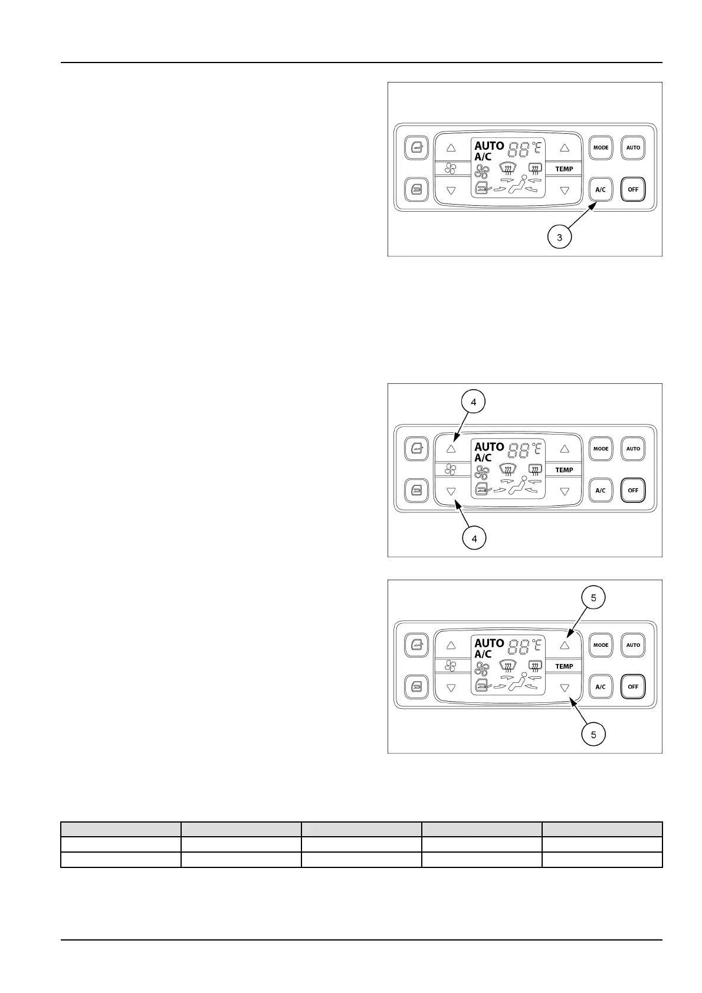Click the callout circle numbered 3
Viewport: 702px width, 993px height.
click(559, 238)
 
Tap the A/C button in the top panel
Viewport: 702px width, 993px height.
click(601, 189)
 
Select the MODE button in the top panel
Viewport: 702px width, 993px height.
click(601, 147)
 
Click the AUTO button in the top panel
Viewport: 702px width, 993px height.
click(633, 147)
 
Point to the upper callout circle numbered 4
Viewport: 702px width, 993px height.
click(474, 402)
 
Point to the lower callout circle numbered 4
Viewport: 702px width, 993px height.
click(474, 538)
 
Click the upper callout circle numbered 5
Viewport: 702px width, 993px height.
click(593, 598)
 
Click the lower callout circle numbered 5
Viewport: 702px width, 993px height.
click(593, 734)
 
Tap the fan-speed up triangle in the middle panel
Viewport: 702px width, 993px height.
click(451, 449)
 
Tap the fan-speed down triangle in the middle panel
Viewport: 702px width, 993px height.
click(451, 491)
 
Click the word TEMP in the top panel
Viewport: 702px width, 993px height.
click(564, 169)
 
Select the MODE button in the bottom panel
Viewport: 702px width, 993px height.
click(601, 645)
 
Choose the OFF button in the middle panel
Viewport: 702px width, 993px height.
click(633, 490)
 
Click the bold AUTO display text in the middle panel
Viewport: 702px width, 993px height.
click(489, 446)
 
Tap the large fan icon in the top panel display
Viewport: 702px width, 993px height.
click(482, 172)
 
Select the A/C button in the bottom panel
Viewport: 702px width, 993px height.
click(601, 686)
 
